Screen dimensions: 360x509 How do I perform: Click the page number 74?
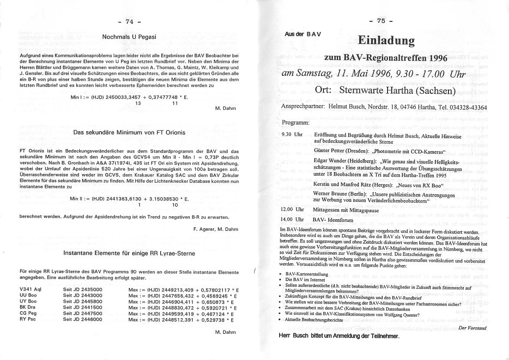pyautogui.click(x=129, y=21)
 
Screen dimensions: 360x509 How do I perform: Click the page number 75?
pyautogui.click(x=381, y=20)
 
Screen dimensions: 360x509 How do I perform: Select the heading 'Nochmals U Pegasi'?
pyautogui.click(x=129, y=37)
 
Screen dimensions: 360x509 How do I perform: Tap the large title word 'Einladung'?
pyautogui.click(x=386, y=41)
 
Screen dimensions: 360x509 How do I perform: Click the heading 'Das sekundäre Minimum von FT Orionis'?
pyautogui.click(x=129, y=132)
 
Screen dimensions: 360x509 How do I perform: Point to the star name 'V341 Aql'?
pyautogui.click(x=31, y=289)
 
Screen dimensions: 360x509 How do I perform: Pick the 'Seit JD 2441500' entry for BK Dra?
pyautogui.click(x=83, y=307)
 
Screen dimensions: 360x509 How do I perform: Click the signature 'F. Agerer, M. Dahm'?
pyautogui.click(x=216, y=228)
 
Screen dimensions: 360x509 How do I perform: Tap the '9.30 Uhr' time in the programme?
pyautogui.click(x=292, y=134)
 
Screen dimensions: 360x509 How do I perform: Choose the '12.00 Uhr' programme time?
pyautogui.click(x=293, y=209)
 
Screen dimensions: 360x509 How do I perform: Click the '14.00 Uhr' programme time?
pyautogui.click(x=293, y=220)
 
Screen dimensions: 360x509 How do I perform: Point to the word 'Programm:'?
pyautogui.click(x=296, y=123)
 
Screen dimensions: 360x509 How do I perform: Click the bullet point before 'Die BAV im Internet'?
pyautogui.click(x=282, y=279)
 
